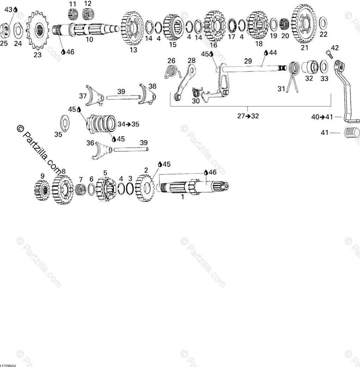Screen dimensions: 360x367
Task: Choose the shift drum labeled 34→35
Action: (101, 124)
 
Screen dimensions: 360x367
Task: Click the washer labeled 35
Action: (64, 122)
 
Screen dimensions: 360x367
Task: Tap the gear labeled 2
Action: (145, 189)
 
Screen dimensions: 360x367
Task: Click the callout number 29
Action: (248, 61)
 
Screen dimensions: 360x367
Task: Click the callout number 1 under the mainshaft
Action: (182, 197)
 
